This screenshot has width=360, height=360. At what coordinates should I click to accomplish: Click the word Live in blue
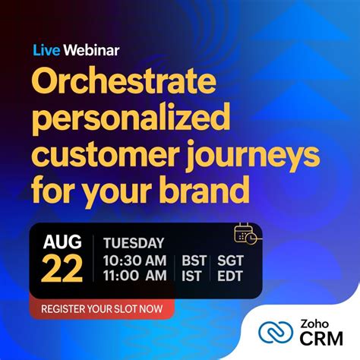[x=45, y=51]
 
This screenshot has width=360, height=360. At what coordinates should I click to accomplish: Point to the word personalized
[x=130, y=118]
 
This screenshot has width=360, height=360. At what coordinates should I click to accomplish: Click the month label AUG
[x=62, y=244]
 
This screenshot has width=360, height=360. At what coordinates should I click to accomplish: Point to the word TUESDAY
[x=134, y=244]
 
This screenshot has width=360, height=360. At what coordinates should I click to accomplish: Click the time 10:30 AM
[x=134, y=261]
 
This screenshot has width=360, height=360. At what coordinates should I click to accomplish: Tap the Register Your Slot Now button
[x=102, y=309]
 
